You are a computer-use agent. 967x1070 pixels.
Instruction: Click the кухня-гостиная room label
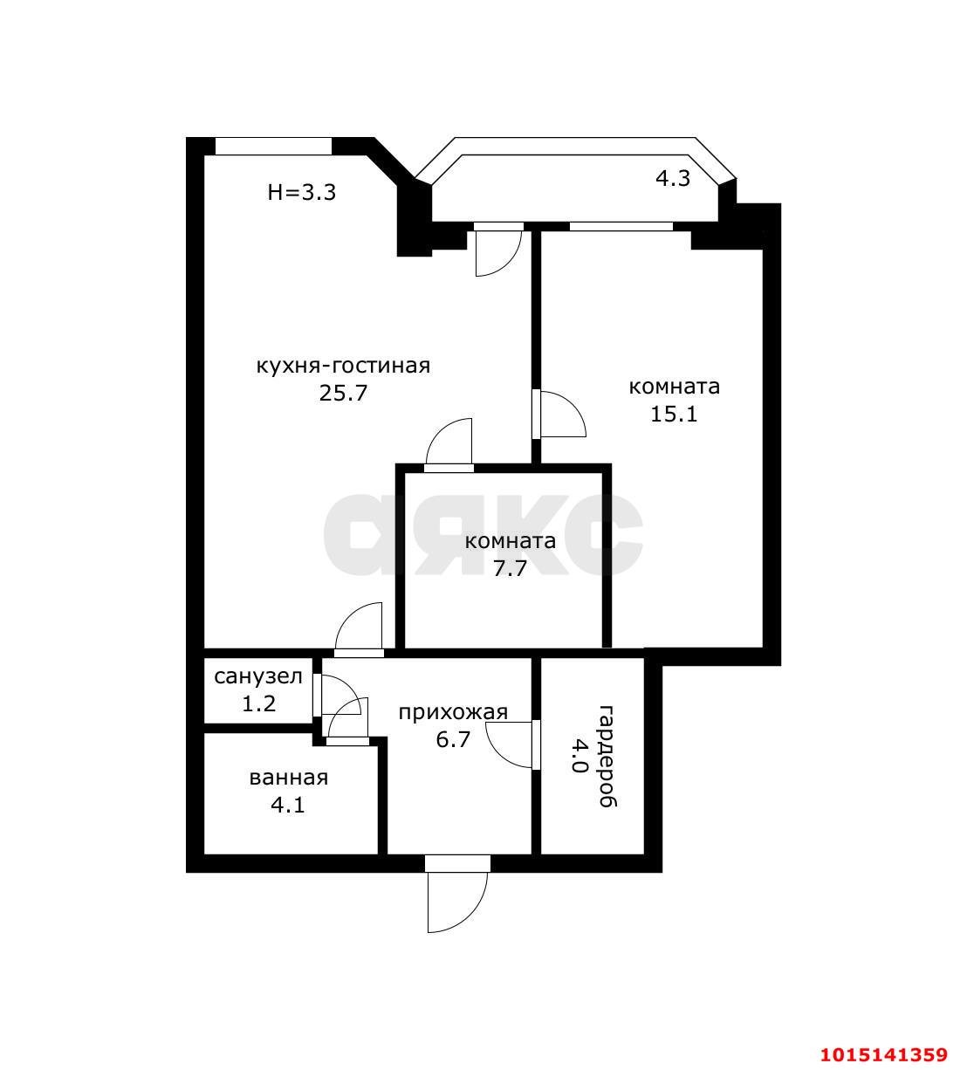coord(343,367)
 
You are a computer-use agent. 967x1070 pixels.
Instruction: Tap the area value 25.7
coord(343,394)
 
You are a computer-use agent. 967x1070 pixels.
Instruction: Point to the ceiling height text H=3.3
coord(301,193)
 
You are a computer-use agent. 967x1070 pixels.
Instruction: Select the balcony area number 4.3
coord(673,178)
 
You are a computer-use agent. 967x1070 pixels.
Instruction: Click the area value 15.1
coord(674,415)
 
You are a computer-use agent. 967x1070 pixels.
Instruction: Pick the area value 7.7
coord(510,569)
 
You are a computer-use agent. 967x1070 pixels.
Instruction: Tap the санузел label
coord(258,676)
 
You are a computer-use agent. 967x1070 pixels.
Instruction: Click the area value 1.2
coord(258,703)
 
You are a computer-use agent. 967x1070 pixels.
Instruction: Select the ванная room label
coord(289,778)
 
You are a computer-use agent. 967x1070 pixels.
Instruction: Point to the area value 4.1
coord(288,805)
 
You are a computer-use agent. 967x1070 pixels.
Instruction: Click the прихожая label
coord(453,713)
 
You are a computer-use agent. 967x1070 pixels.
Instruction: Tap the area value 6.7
coord(453,740)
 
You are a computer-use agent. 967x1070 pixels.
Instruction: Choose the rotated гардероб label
coord(607,757)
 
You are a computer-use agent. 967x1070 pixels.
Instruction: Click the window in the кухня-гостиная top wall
coord(273,146)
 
